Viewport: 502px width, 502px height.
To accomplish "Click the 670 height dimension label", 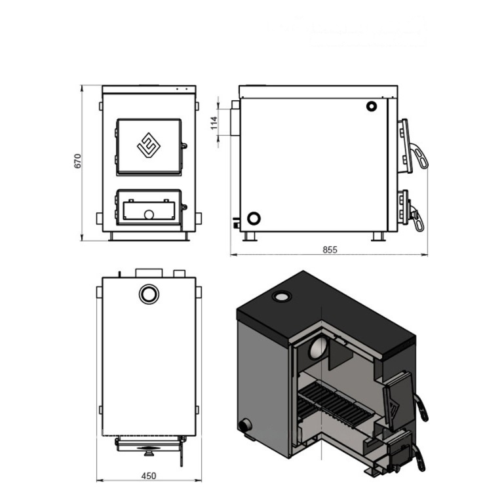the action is click(x=77, y=161).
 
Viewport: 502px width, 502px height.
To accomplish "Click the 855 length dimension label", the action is click(x=330, y=250).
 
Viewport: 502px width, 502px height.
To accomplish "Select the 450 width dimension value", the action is click(x=149, y=476).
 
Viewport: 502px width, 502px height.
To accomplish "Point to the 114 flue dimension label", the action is click(x=214, y=123).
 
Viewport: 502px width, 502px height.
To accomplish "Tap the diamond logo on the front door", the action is click(x=149, y=145).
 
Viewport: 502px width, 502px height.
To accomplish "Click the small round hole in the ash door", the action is click(x=149, y=214).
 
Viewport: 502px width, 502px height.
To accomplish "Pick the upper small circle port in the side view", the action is click(x=372, y=106).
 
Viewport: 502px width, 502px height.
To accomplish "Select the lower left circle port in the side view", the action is click(x=254, y=219).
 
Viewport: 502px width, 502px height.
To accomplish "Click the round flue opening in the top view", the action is click(x=149, y=294).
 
